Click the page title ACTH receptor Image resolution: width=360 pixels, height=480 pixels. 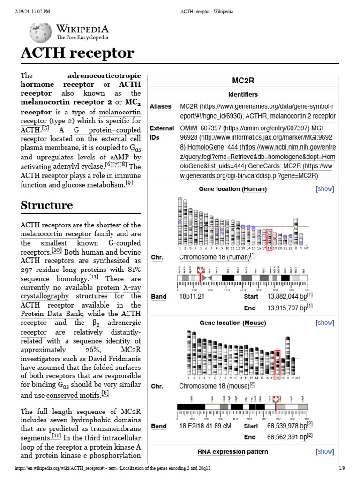tap(77, 53)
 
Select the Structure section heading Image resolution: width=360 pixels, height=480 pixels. tap(46, 205)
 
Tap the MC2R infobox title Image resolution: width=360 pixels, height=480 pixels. tap(243, 81)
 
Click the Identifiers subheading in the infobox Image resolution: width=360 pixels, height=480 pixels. tap(243, 94)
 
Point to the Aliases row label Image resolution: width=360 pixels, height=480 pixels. tap(160, 107)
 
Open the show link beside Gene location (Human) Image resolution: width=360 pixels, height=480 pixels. tap(325, 189)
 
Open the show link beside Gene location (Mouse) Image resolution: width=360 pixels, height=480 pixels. tap(325, 322)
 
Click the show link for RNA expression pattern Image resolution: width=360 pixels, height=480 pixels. tap(325, 451)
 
